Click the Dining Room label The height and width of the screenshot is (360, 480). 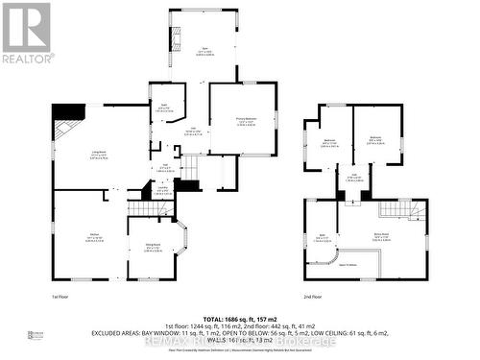coord(153,247)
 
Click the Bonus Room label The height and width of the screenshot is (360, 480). coord(381,236)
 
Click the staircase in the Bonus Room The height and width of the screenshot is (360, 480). coord(395,207)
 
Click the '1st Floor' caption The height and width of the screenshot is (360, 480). coord(63,299)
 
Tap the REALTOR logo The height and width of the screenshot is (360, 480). coord(26,33)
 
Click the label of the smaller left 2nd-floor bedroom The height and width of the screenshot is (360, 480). coord(329,142)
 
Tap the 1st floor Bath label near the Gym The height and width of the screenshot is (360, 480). coord(164,108)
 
